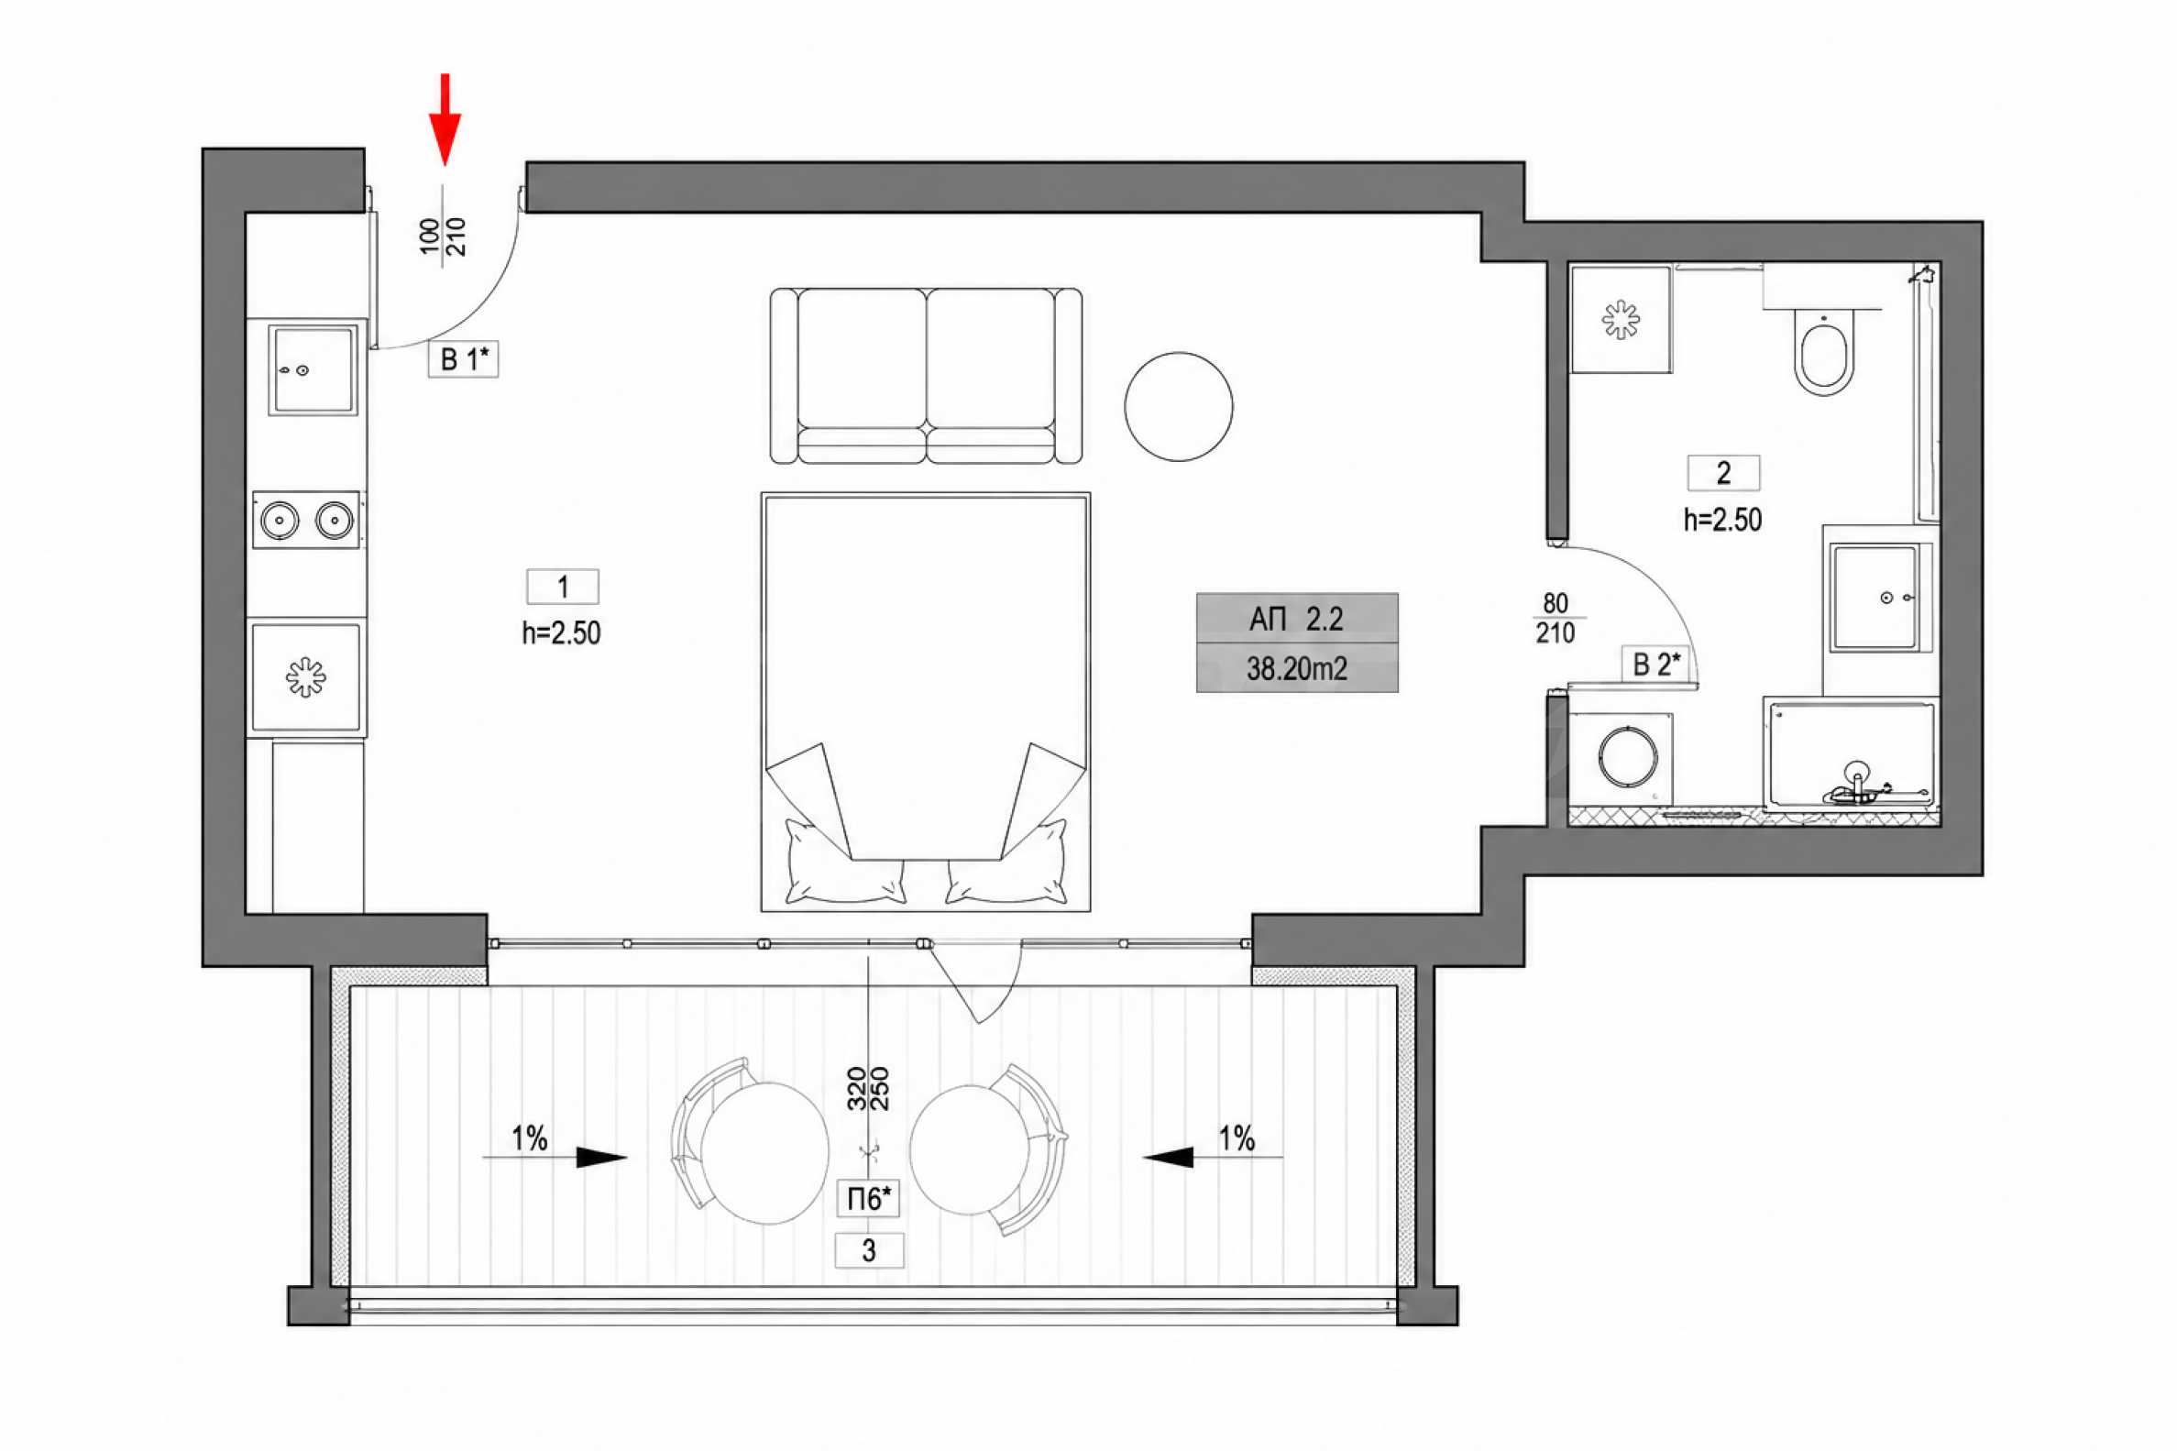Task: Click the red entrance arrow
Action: point(445,119)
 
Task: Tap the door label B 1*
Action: point(463,359)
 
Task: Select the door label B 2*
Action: point(1655,665)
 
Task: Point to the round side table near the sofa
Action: point(1178,406)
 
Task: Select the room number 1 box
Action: point(563,587)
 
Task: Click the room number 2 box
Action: point(1722,474)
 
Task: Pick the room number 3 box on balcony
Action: point(869,1251)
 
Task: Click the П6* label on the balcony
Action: point(869,1199)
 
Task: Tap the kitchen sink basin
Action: point(313,369)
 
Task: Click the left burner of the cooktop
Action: point(280,520)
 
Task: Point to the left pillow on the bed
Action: point(844,862)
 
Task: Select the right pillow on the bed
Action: point(1006,862)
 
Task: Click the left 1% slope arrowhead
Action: point(601,1157)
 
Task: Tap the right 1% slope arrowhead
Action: point(1169,1157)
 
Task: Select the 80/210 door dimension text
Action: point(1556,618)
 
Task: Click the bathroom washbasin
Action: point(1877,598)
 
